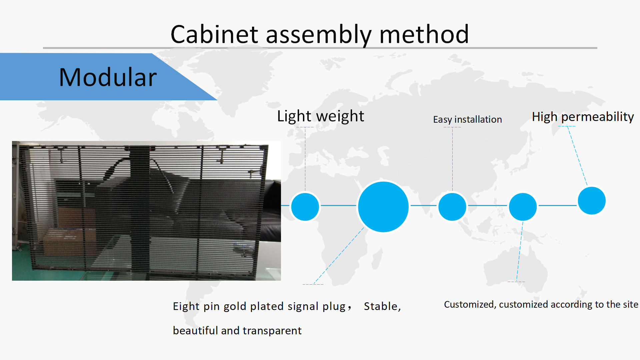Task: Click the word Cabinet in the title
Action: [x=214, y=34]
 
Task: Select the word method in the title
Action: [x=424, y=34]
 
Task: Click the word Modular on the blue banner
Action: [x=108, y=77]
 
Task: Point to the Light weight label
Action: [x=321, y=116]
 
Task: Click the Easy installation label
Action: [x=467, y=119]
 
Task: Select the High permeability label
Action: [x=583, y=117]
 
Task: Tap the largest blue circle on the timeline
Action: [x=383, y=207]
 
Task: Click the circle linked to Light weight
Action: [x=305, y=207]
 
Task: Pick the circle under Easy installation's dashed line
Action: [x=452, y=207]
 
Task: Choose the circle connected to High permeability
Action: [x=592, y=201]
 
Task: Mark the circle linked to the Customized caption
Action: [x=523, y=207]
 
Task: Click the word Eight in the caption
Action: [x=186, y=307]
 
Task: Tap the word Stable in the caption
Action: [x=381, y=306]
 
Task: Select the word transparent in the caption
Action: [x=272, y=331]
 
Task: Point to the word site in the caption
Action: [x=630, y=304]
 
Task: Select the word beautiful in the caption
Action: [x=195, y=330]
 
